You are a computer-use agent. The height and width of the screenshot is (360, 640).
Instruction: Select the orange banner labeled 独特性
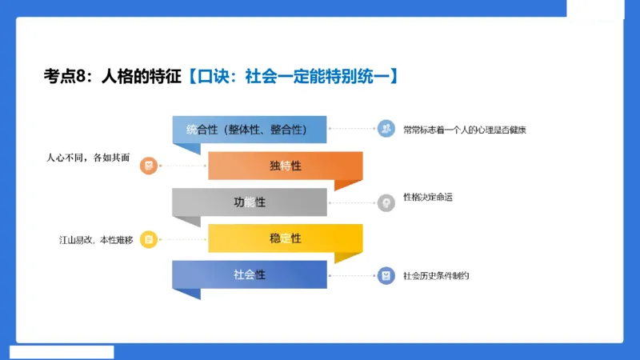(285, 166)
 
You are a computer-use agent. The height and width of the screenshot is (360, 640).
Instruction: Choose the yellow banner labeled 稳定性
(285, 238)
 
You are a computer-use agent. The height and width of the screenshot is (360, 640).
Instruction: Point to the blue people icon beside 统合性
(386, 129)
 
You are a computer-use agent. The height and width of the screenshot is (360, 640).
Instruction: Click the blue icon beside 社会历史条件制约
(386, 275)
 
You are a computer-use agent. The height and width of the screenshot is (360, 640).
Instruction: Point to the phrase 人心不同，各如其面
(86, 157)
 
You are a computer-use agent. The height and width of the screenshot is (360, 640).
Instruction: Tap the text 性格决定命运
(428, 197)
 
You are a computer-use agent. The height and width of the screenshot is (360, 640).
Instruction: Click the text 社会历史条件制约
(436, 275)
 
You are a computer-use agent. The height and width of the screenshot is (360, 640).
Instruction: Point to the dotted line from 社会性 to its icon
(352, 275)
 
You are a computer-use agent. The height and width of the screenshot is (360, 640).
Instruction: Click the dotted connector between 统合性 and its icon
(352, 129)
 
